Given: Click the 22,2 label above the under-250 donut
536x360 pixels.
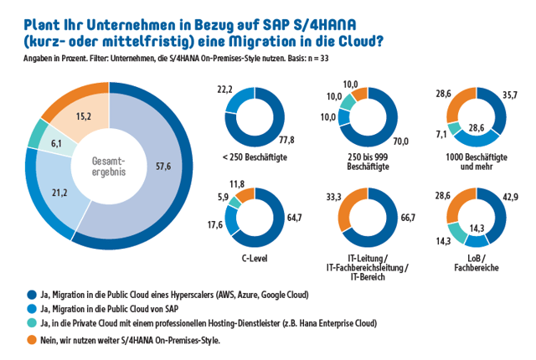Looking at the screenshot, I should pos(224,89).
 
